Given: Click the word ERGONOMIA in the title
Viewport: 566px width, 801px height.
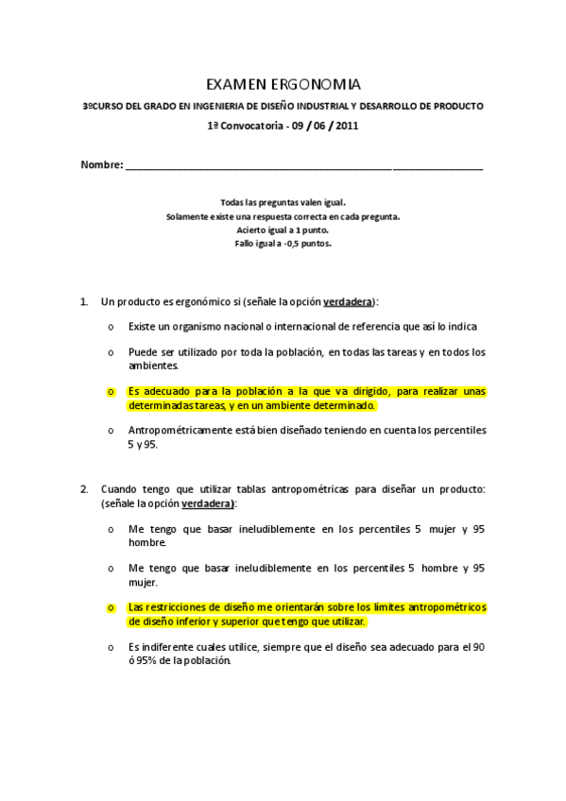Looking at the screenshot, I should pos(316,84).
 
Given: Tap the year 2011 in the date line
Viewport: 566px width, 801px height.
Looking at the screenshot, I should pos(347,125).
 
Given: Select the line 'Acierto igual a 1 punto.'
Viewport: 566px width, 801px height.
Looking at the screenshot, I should pos(283,230).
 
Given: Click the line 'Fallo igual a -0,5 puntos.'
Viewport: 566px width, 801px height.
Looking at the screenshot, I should pos(283,243).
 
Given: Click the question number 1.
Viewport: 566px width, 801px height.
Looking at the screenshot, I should pos(84,302).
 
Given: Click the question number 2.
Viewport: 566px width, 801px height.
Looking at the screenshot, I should pos(84,488).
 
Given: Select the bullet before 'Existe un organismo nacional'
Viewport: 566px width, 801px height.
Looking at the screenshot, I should pos(111,327).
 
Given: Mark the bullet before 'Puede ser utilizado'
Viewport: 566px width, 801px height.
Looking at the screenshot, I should pos(111,352).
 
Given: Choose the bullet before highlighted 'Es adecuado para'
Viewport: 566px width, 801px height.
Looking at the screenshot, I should pos(111,391).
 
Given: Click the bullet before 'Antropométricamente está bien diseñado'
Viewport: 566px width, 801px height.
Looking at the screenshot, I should pos(111,430).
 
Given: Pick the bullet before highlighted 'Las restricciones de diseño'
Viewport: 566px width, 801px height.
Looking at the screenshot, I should pos(111,607).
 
